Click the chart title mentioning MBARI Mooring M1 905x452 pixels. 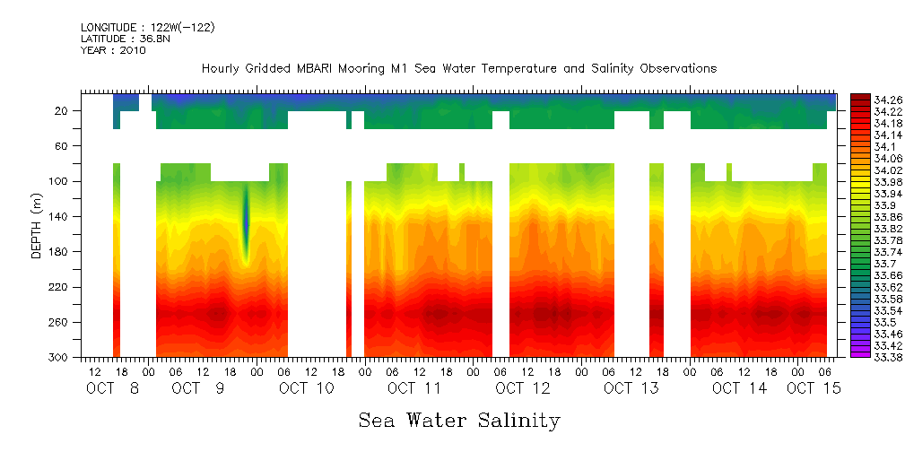point(459,69)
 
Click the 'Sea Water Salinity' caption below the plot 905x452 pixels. point(459,420)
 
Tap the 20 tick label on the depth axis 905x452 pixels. point(62,110)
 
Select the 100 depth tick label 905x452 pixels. point(59,181)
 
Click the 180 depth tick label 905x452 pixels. point(59,252)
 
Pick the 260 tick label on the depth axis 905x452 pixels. point(59,322)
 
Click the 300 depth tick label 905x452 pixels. point(59,358)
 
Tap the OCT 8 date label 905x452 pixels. point(113,388)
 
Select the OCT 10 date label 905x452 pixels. point(307,388)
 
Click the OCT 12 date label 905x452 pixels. point(523,388)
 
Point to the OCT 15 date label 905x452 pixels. point(814,388)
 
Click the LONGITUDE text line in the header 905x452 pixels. point(147,28)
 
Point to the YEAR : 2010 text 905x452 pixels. point(113,50)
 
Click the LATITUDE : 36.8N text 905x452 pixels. point(123,39)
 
